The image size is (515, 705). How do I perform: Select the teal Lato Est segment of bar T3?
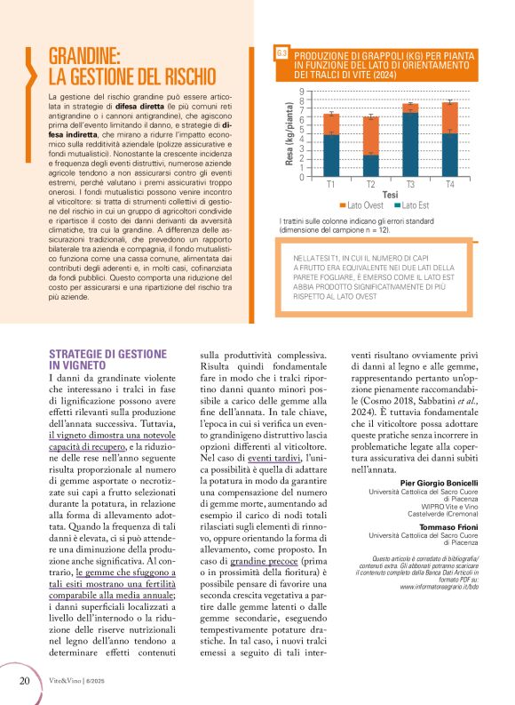[410, 145]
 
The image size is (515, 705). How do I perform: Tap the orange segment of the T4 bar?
[450, 117]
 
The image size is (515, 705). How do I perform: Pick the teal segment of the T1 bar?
[331, 155]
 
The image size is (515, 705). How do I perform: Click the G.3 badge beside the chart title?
[281, 54]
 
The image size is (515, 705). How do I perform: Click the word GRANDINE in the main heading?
[84, 56]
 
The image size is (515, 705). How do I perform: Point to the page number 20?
[24, 681]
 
